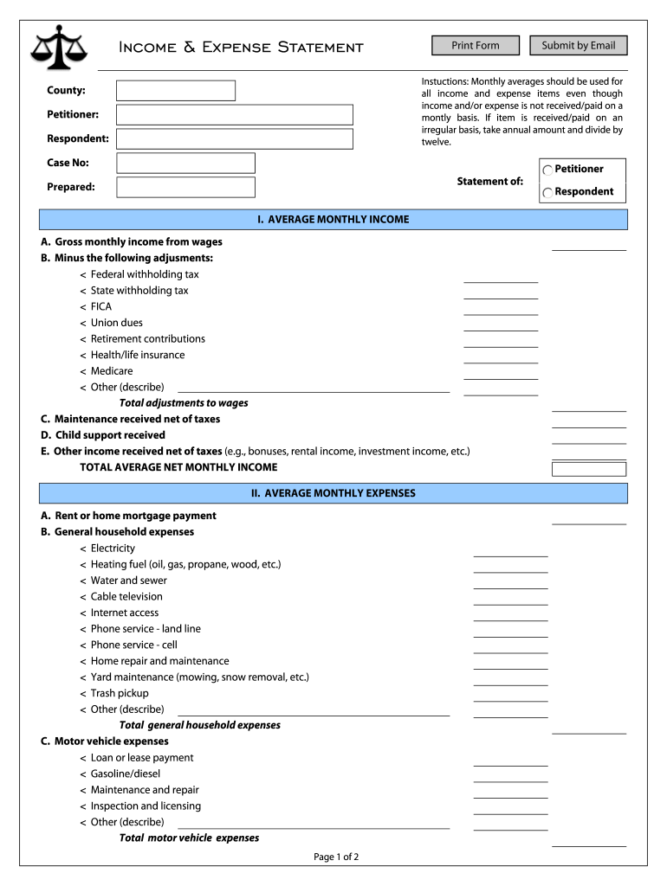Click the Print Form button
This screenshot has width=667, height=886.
pos(476,45)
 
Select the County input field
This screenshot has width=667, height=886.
pos(176,91)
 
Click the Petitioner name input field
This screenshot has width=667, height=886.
pos(235,115)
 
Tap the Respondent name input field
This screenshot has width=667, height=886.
pos(235,139)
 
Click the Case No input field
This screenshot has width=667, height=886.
pos(186,164)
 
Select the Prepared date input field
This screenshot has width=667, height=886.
pos(186,188)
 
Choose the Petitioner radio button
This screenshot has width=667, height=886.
pos(547,170)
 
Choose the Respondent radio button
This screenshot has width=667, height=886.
pos(547,193)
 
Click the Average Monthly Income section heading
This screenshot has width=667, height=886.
pos(333,220)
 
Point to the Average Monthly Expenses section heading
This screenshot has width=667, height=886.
pos(333,494)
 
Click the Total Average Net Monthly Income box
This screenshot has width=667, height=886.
pos(589,469)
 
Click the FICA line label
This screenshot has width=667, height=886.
pos(101,307)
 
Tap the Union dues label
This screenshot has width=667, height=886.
pos(117,323)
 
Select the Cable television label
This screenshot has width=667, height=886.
pos(126,597)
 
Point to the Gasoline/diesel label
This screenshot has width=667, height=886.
pos(126,774)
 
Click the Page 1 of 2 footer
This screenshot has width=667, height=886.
pos(336,857)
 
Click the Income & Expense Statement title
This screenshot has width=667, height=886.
pos(241,47)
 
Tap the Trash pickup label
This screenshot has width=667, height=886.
pos(120,694)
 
